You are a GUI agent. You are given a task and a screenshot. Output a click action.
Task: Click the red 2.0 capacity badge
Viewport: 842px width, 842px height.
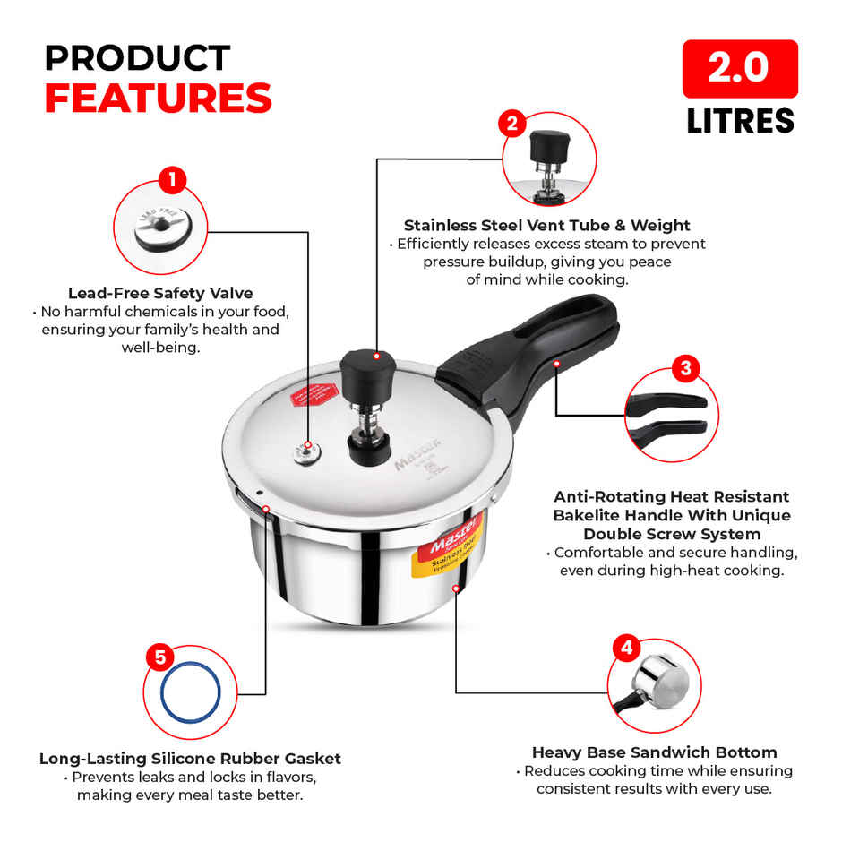pos(740,69)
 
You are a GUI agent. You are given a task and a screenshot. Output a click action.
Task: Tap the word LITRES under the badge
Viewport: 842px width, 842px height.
pos(740,120)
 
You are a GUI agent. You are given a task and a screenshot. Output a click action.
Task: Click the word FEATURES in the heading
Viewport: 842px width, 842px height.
pos(158,99)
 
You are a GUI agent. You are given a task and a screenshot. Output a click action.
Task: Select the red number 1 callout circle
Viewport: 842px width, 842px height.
pos(171,180)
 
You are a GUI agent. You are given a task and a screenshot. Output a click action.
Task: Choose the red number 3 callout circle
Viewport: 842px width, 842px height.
pos(684,367)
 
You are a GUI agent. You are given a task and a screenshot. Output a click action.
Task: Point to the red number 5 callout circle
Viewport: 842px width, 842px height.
pos(159,657)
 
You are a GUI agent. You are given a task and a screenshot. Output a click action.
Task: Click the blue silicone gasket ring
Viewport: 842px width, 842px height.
pos(191,692)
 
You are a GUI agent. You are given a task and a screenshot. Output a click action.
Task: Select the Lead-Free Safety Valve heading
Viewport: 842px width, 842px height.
pos(160,293)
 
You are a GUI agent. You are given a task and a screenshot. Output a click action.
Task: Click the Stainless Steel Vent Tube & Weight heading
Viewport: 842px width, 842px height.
pos(546,225)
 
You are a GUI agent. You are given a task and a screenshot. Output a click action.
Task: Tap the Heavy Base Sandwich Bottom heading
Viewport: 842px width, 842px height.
pos(654,752)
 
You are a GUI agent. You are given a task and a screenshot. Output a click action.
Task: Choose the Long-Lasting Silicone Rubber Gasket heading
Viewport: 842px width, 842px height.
pos(190,759)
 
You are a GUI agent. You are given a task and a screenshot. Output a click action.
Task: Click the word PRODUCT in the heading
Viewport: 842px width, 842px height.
pos(137,58)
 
